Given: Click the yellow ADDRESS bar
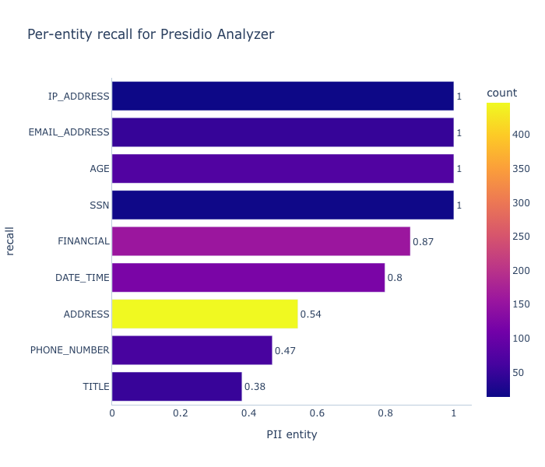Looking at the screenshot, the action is [205, 314].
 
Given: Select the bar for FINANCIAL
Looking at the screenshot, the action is [261, 241].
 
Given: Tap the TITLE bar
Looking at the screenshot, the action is [177, 386].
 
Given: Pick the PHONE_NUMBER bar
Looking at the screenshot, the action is [192, 350].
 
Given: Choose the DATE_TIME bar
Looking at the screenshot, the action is [248, 278].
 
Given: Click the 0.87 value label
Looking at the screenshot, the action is [423, 241].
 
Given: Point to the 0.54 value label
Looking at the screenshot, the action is [311, 314].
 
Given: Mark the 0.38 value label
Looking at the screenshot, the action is [255, 387].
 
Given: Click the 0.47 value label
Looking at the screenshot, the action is [285, 350].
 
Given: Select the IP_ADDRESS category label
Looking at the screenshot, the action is [79, 97].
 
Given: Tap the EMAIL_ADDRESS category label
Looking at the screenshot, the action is [69, 132].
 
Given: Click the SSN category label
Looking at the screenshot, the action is [100, 205].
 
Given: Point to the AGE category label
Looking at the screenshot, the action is [100, 169].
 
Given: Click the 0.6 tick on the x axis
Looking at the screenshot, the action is [317, 413].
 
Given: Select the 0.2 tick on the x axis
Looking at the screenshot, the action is [181, 413].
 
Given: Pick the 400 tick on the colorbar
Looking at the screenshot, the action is [521, 135].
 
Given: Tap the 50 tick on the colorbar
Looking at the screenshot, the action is [519, 373].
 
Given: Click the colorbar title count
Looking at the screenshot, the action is [501, 93].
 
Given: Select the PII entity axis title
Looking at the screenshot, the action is [292, 434].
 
